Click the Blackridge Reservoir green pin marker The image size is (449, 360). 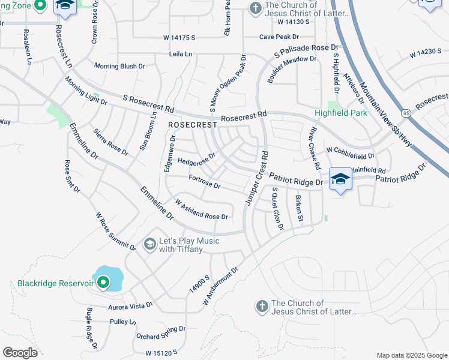point(103,282)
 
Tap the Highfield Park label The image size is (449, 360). point(340,113)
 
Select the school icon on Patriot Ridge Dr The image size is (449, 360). point(340,179)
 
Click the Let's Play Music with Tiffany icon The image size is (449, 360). point(150,244)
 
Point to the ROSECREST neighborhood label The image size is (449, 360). point(191,125)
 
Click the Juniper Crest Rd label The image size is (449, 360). point(256,179)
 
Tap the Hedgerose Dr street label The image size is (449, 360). point(196,159)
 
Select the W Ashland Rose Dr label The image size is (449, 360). point(201,209)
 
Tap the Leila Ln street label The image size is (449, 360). point(179,54)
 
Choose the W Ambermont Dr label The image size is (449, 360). point(220,286)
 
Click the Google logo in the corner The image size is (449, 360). point(20,352)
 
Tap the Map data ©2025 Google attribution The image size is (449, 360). point(411,355)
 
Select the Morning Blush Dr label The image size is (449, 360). point(121,66)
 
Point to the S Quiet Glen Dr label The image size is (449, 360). point(277,209)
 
